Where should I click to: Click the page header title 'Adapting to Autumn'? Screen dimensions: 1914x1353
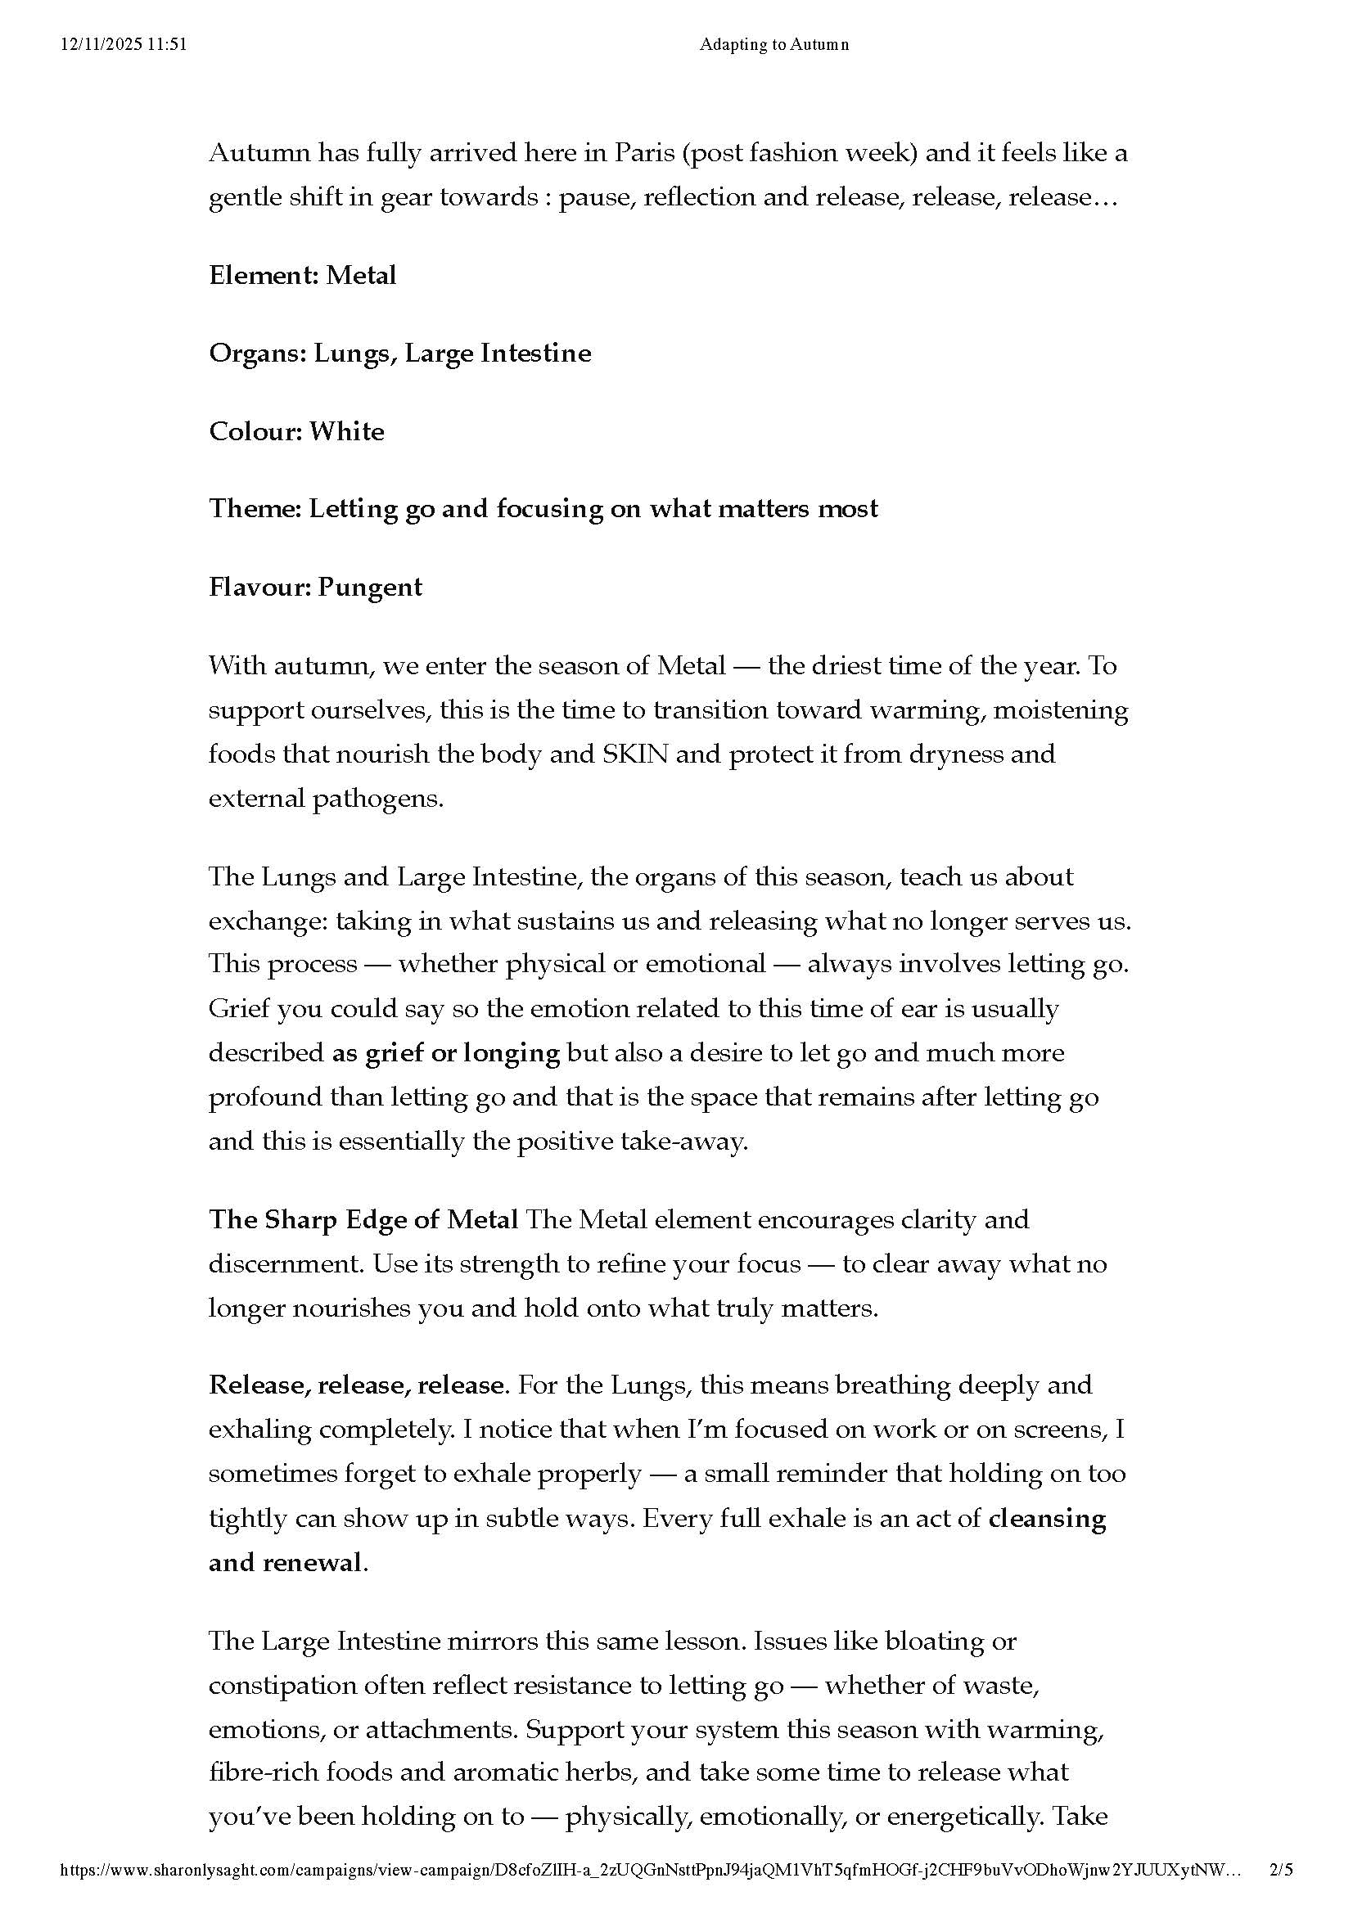pyautogui.click(x=773, y=45)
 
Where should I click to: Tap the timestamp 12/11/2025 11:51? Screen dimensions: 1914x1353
pyautogui.click(x=124, y=45)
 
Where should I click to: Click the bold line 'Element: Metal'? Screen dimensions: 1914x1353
pyautogui.click(x=303, y=275)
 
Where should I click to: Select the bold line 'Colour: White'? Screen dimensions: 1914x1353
pyautogui.click(x=297, y=431)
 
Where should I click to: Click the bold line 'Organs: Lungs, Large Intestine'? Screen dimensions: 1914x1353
pyautogui.click(x=400, y=354)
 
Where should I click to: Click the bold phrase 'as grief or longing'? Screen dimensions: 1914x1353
pyautogui.click(x=446, y=1053)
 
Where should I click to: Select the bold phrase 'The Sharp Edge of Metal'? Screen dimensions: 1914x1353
pyautogui.click(x=363, y=1219)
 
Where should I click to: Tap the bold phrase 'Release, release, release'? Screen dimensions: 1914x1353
pyautogui.click(x=357, y=1385)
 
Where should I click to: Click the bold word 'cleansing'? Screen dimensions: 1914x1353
pyautogui.click(x=1047, y=1518)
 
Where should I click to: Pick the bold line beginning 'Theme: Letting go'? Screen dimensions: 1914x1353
pyautogui.click(x=543, y=509)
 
